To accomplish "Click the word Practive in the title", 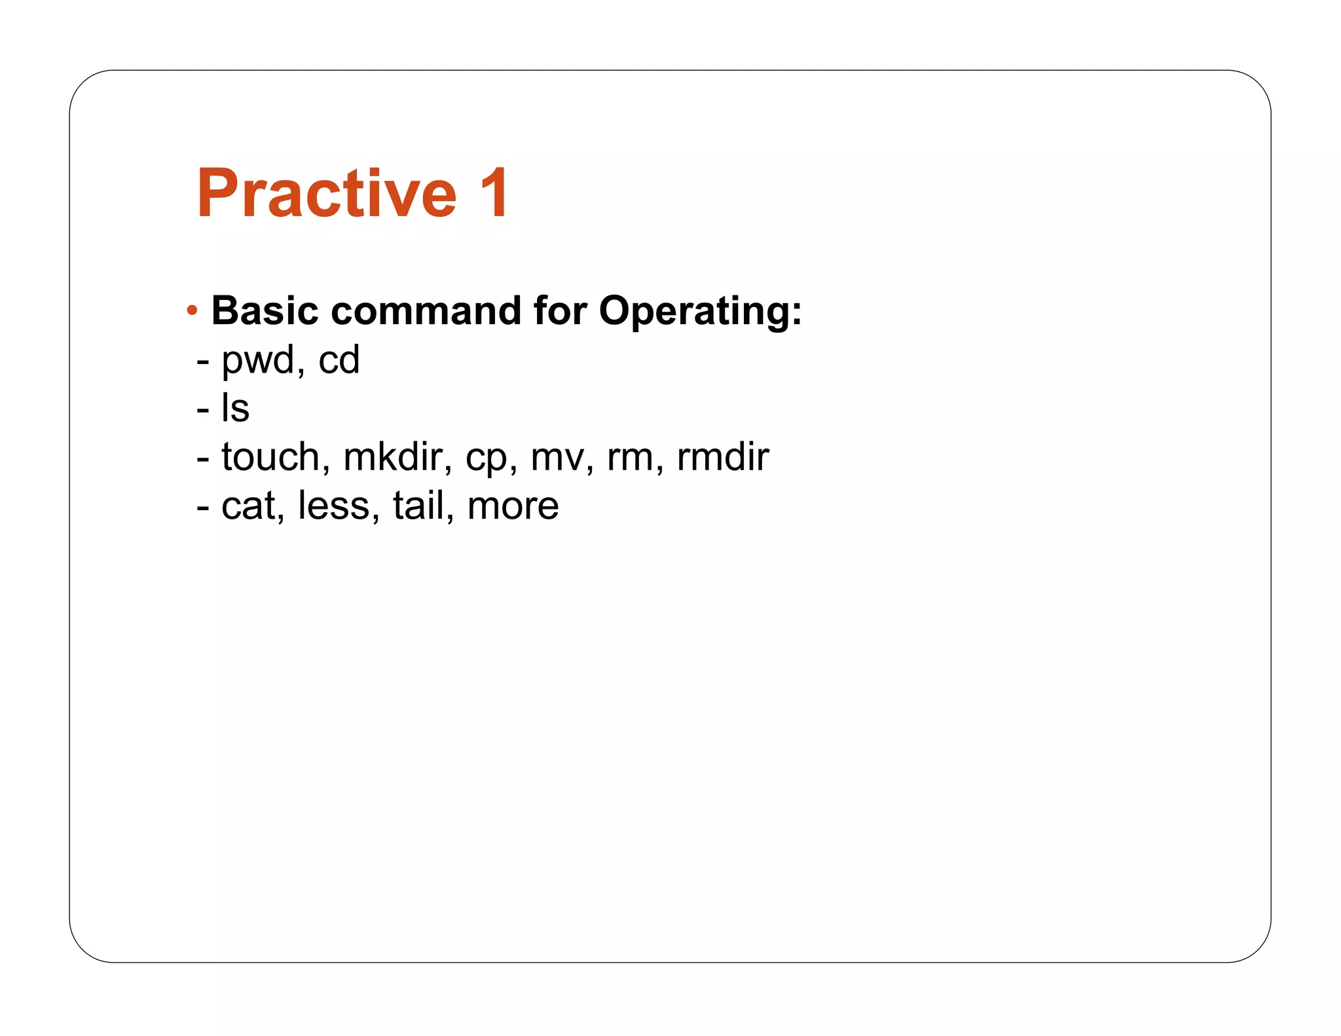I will (326, 193).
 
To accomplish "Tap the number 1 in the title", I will (494, 193).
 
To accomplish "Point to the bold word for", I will (560, 310).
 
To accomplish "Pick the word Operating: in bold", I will (700, 312).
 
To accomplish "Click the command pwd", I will (258, 361).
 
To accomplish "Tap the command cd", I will (339, 360).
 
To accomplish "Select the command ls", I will (235, 409).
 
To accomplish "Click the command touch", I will (270, 457).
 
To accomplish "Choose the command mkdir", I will (392, 457).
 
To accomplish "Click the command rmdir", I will (722, 457).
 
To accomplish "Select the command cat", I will (248, 506).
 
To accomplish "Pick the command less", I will (333, 506).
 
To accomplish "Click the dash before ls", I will (203, 410).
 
